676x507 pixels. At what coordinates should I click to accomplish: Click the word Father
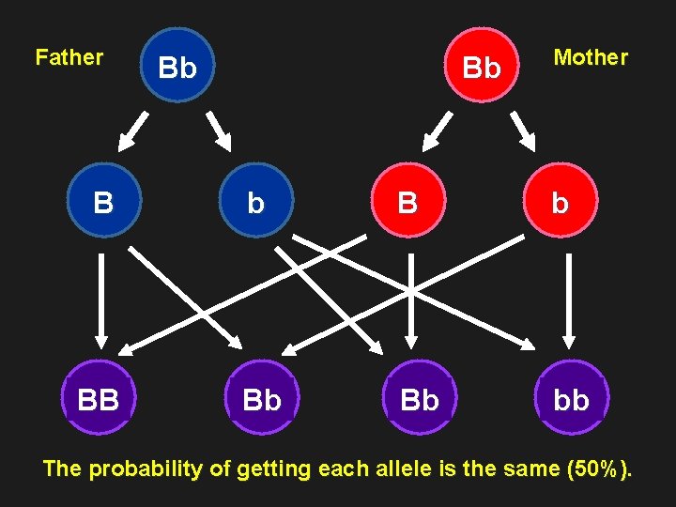(x=69, y=57)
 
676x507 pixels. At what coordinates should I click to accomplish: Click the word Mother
(x=591, y=57)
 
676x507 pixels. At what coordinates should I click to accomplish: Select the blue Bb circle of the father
(x=178, y=67)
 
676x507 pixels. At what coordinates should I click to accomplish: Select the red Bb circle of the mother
(x=482, y=67)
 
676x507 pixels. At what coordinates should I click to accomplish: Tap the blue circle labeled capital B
(x=104, y=203)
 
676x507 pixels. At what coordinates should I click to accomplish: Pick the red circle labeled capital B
(x=407, y=203)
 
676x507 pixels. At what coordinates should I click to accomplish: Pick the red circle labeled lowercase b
(x=561, y=203)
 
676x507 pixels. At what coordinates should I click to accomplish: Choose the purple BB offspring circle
(x=99, y=400)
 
